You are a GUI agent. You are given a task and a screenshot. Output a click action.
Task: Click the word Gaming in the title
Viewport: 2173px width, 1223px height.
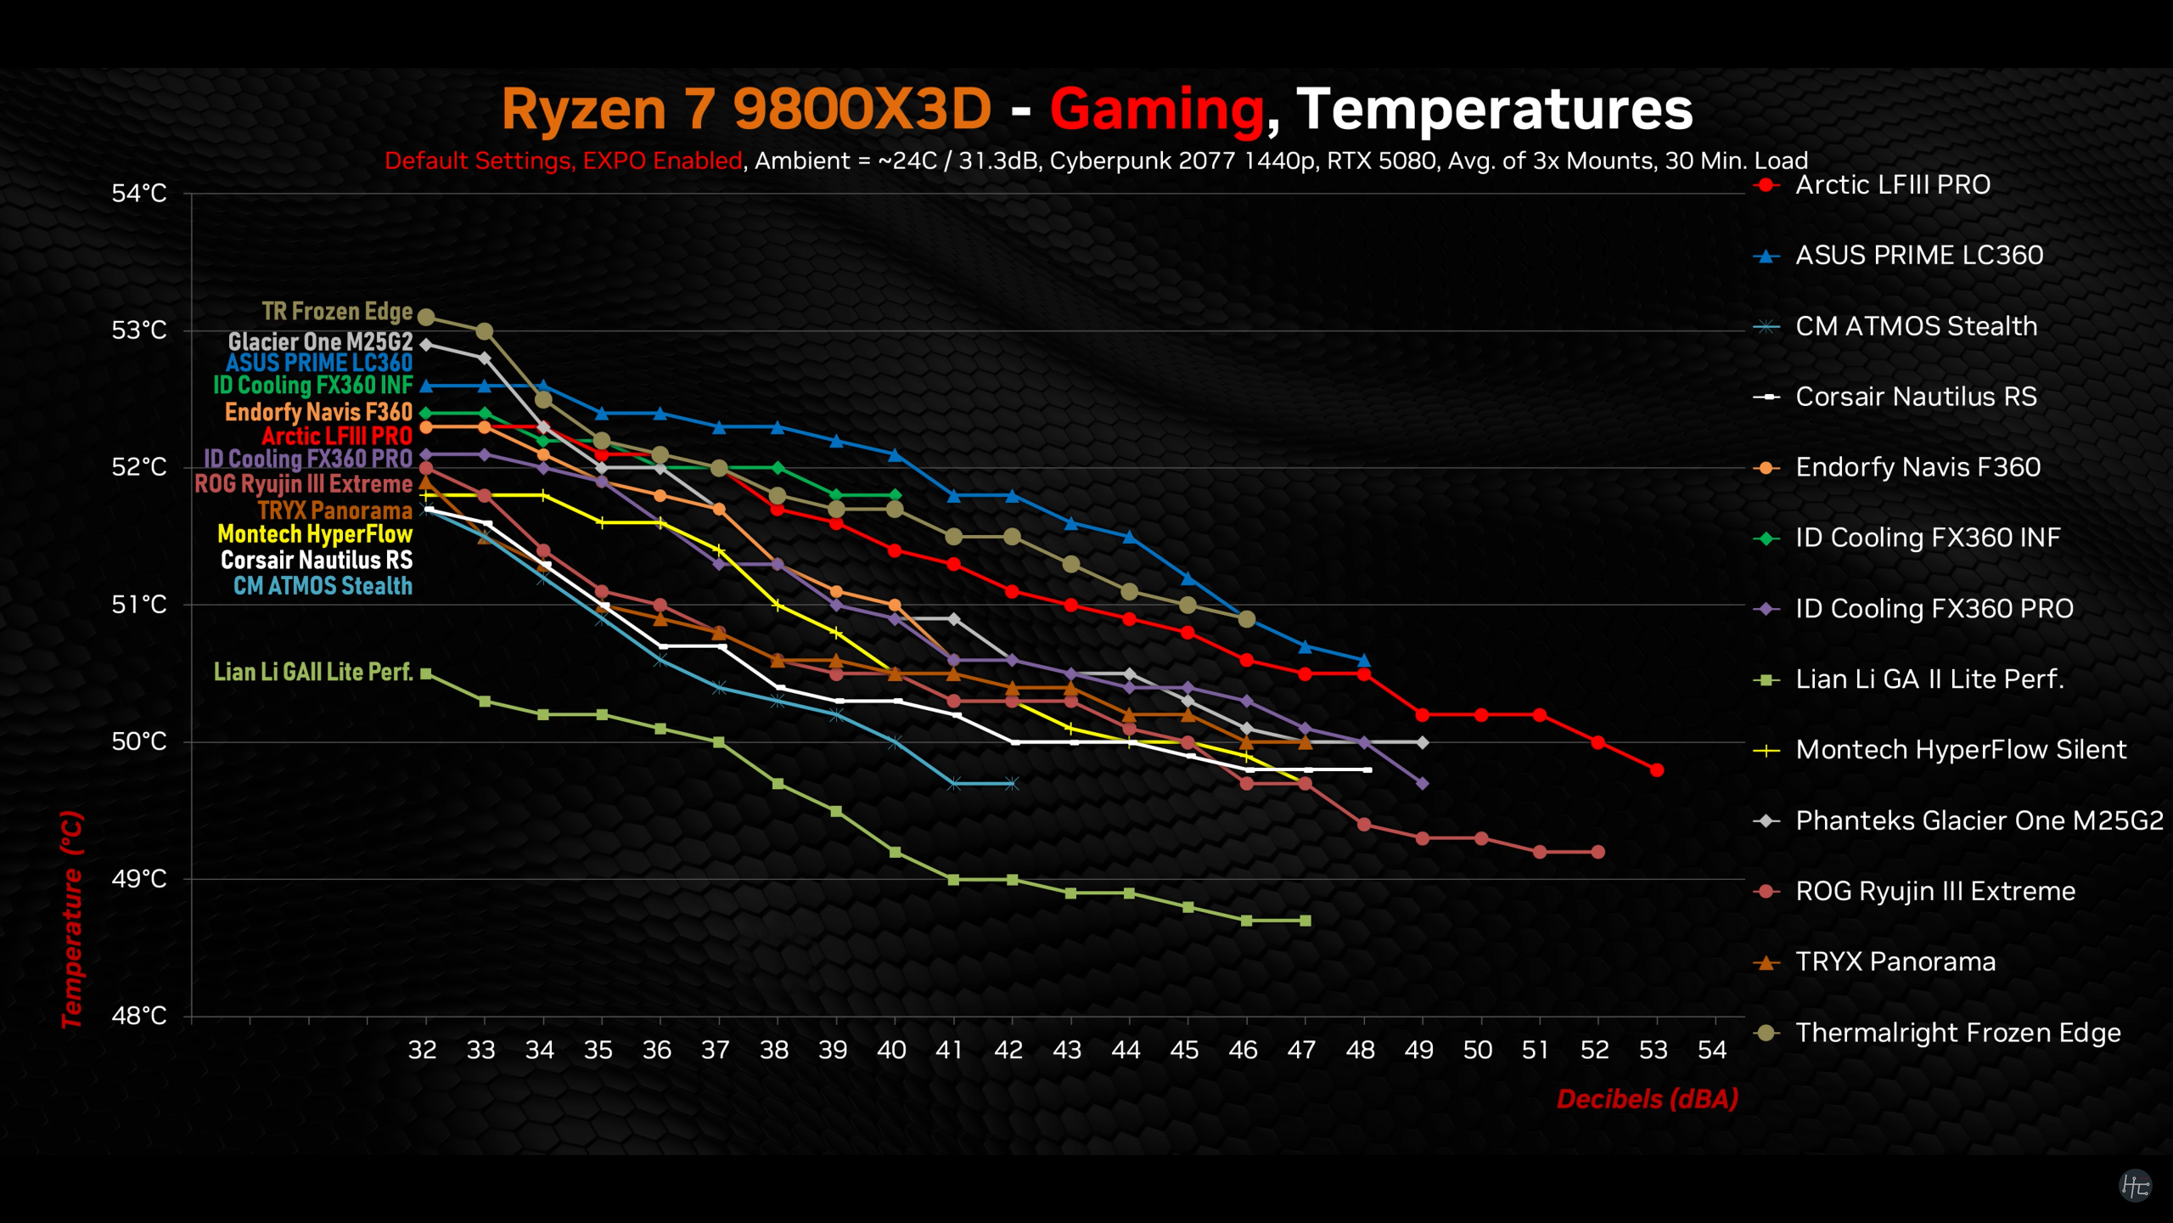[x=1156, y=110]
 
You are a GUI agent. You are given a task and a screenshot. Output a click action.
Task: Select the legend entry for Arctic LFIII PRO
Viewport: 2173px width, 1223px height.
[x=1892, y=185]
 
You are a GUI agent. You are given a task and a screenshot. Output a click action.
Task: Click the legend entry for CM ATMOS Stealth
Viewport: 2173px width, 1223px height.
[x=1916, y=326]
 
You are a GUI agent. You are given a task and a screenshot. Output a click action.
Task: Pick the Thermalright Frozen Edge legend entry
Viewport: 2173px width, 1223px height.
[x=1957, y=1033]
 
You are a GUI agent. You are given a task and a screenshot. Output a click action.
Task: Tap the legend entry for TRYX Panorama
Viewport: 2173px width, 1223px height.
[x=1895, y=962]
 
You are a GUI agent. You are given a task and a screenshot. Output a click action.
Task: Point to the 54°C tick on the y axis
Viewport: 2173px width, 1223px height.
[x=139, y=194]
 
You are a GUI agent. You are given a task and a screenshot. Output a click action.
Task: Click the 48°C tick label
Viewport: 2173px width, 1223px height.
[x=139, y=1016]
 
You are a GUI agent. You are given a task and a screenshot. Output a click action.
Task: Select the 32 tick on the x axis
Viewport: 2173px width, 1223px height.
[x=423, y=1051]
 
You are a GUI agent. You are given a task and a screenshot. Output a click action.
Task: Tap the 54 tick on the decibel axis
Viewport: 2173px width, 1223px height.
[x=1712, y=1051]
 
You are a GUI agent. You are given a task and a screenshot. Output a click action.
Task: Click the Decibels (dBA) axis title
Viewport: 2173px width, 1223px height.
[x=1647, y=1099]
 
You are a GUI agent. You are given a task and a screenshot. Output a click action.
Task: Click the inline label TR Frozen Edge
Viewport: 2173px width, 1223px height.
[x=337, y=312]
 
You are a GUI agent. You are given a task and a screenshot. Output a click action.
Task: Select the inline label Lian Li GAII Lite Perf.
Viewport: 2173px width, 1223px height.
[x=312, y=673]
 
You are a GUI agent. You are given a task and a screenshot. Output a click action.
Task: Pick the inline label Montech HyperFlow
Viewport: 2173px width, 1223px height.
[x=315, y=534]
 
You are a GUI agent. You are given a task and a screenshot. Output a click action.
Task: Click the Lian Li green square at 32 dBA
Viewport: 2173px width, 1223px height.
[x=426, y=673]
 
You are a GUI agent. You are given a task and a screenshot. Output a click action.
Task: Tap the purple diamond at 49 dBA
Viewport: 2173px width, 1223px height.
[x=1423, y=784]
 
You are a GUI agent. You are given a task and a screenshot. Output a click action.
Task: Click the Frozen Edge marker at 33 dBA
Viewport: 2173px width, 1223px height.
[x=485, y=331]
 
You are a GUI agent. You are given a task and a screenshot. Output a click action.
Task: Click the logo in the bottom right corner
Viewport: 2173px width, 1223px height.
[x=2135, y=1186]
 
